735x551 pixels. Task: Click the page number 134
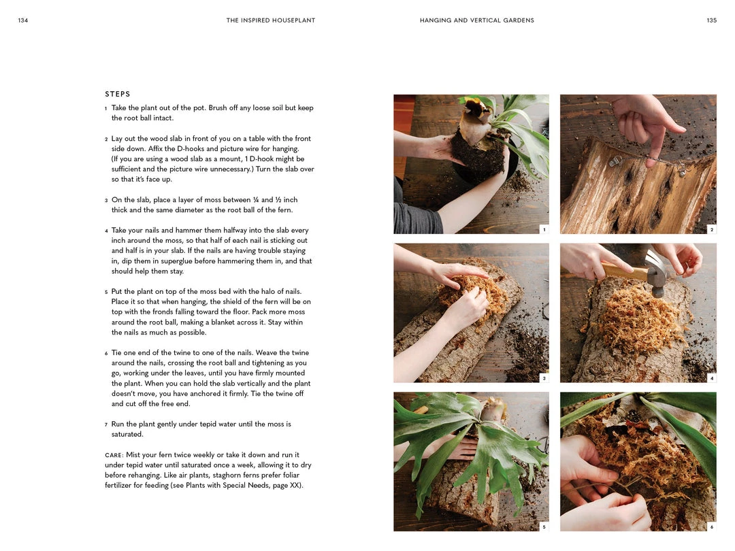[23, 20]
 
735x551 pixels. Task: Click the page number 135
[712, 20]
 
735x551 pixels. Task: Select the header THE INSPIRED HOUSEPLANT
[270, 20]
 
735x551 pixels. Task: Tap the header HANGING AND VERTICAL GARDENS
[476, 20]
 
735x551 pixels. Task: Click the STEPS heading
[118, 94]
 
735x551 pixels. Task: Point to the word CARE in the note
[113, 455]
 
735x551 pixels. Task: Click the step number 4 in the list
[106, 231]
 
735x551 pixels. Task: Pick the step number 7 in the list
[106, 425]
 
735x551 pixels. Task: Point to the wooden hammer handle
[623, 271]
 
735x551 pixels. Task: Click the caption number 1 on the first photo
[544, 229]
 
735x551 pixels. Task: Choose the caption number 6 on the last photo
[712, 526]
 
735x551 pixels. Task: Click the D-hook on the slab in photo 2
[615, 162]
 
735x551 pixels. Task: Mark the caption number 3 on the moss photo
[544, 378]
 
